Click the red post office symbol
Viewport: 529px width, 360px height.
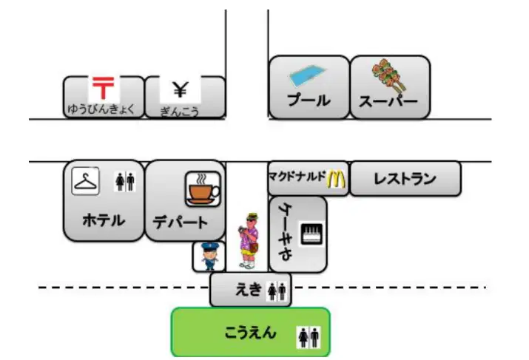coord(104,88)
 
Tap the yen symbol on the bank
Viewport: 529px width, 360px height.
coord(181,89)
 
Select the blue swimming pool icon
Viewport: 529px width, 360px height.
coord(308,75)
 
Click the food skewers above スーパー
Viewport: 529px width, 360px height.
coord(389,75)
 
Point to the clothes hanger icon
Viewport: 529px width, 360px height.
coord(86,181)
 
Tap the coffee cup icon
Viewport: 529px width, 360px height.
coord(203,189)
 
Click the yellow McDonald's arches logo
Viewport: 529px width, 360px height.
coord(337,180)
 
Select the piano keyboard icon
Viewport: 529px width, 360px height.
coord(311,234)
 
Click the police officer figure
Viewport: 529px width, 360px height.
coord(209,257)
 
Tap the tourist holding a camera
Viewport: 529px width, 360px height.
coord(249,241)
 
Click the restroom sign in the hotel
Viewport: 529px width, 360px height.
coord(125,182)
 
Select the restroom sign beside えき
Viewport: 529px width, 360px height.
coord(277,291)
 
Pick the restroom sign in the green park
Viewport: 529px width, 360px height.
coord(309,337)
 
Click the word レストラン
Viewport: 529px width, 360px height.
coord(405,179)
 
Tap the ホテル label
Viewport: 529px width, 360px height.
coord(104,220)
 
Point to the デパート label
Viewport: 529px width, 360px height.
coord(181,222)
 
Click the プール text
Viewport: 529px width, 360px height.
coord(309,100)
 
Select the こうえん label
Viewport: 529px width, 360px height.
coord(250,333)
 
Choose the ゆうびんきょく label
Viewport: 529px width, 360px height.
coord(101,109)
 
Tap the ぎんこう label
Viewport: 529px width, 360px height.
coord(180,112)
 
